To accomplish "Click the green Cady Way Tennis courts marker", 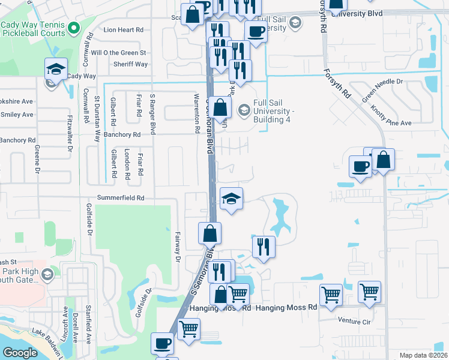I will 73,28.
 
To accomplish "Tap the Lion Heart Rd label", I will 124,29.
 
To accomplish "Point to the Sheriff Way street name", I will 131,64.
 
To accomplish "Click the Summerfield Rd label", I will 121,197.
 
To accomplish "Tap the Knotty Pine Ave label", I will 391,113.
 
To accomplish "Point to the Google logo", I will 20,352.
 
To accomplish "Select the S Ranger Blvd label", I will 152,113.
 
